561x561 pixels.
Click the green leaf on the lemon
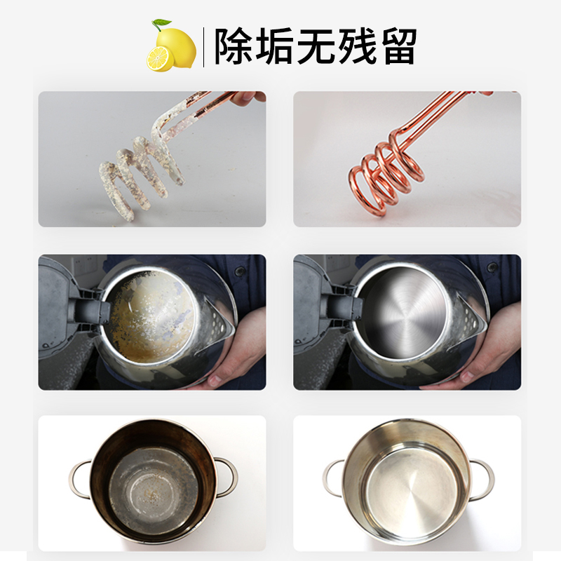pos(163,26)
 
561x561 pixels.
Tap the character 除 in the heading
pos(235,46)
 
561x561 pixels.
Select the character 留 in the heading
pos(397,46)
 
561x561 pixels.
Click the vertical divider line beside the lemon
pos(203,46)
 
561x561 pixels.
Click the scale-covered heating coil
pos(137,172)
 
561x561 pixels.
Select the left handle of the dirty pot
pos(78,479)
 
